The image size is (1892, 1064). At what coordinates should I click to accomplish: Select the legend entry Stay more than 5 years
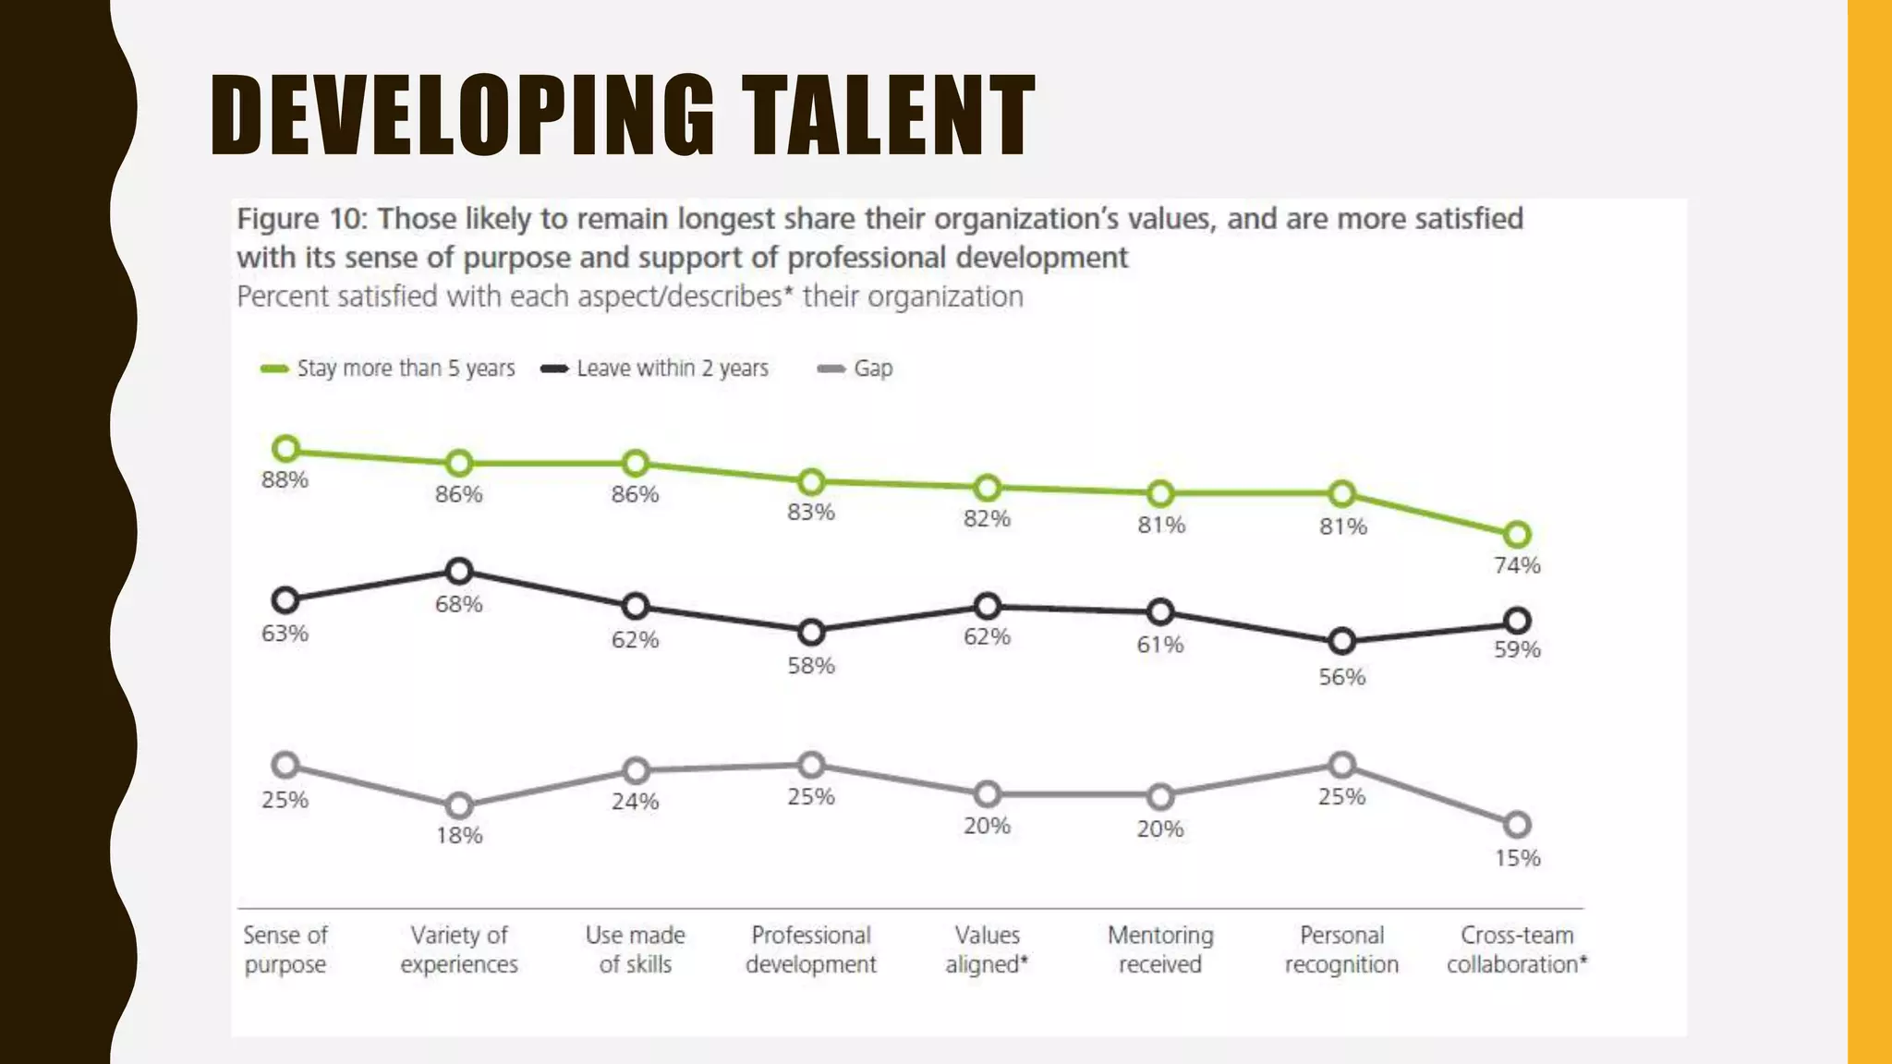(388, 369)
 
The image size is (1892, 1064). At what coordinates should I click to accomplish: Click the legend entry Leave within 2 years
(656, 369)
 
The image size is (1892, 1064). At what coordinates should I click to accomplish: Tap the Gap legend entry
(857, 369)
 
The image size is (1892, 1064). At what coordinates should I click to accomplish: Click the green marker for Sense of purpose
(286, 450)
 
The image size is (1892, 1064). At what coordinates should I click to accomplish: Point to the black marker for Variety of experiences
(459, 572)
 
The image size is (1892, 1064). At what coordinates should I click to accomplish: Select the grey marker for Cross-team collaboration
(1517, 824)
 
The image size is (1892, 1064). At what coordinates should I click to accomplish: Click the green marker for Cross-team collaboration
(1517, 534)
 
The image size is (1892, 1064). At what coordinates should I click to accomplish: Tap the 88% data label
(285, 480)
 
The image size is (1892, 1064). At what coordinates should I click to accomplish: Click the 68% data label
(459, 605)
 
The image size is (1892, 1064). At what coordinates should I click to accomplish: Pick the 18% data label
(459, 836)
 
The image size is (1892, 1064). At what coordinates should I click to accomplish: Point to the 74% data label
(1517, 566)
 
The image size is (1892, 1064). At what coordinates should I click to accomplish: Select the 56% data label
(1341, 677)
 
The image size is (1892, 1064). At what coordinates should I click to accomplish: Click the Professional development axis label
(811, 949)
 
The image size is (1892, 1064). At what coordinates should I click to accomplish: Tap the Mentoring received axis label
(1160, 949)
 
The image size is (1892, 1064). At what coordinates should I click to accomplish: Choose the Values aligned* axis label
(987, 949)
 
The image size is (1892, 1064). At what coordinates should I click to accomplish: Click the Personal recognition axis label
(1341, 949)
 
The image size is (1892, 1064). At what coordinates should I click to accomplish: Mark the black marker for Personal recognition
(1341, 641)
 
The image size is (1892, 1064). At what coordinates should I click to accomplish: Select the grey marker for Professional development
(811, 765)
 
